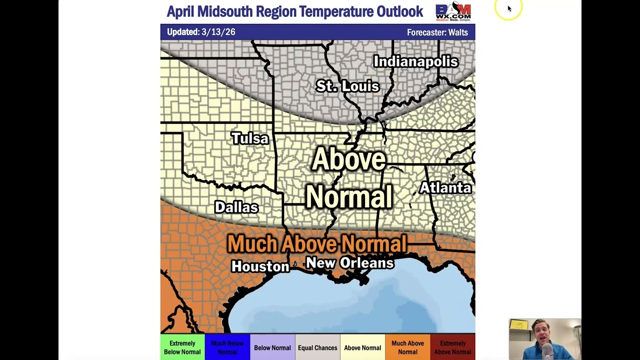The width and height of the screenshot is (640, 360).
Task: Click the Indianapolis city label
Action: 415,61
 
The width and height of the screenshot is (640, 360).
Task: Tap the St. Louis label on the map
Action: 347,86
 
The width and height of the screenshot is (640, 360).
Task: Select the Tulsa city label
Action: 249,138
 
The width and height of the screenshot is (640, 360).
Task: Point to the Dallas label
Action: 236,207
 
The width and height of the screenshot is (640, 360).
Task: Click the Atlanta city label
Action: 445,188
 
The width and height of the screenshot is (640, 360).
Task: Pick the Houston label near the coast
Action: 260,266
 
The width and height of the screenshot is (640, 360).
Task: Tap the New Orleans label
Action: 349,263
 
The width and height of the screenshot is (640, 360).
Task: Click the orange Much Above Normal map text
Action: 317,244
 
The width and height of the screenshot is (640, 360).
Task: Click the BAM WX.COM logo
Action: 453,11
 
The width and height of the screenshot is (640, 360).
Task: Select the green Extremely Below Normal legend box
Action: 182,347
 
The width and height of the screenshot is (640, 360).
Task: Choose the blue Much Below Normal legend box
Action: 227,347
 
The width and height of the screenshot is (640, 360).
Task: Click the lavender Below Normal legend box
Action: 272,347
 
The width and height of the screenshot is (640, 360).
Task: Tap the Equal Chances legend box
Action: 317,347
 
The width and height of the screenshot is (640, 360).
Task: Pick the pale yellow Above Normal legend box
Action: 362,347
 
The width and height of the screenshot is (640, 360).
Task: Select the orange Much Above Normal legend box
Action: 407,347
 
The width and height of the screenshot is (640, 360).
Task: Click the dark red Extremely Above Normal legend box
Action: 452,347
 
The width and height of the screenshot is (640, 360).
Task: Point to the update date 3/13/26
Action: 218,32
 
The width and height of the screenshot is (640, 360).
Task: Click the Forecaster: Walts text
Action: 437,32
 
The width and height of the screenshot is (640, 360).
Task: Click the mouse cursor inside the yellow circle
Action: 509,8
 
